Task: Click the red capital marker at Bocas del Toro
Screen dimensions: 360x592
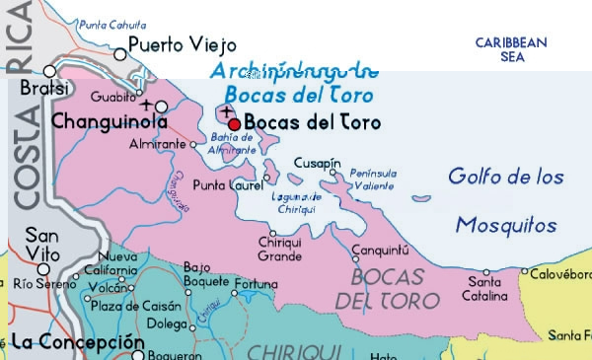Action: [x=234, y=123]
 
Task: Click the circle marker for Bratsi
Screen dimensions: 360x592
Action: [x=51, y=71]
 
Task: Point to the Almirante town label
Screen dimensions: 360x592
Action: [x=157, y=144]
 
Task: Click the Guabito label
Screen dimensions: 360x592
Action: [x=108, y=97]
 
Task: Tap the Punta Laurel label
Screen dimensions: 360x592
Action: [x=228, y=184]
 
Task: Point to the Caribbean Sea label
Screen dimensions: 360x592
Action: [x=510, y=49]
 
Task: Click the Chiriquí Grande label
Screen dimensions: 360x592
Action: [x=279, y=250]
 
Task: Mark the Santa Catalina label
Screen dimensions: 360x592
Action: [x=485, y=289]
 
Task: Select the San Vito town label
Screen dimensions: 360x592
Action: [x=42, y=243]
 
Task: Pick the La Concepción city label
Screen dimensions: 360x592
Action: [x=70, y=341]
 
